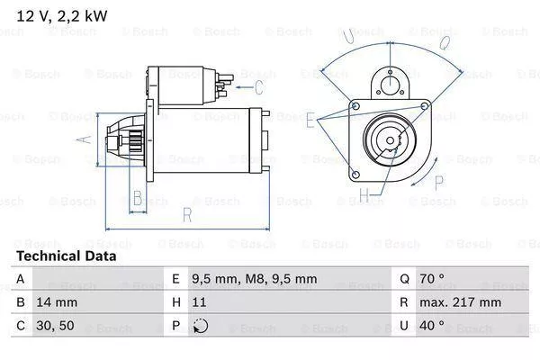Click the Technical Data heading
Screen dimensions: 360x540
pyautogui.click(x=66, y=256)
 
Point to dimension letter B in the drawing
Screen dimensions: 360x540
pyautogui.click(x=137, y=197)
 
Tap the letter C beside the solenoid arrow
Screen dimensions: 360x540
pyautogui.click(x=259, y=87)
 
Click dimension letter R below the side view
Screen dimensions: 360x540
pyautogui.click(x=185, y=215)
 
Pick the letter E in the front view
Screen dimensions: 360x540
pyautogui.click(x=310, y=118)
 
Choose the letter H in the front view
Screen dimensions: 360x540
pyautogui.click(x=364, y=194)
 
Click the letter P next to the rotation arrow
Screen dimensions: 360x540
pyautogui.click(x=440, y=182)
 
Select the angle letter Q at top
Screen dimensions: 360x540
pyautogui.click(x=444, y=40)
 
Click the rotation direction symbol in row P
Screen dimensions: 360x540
pyautogui.click(x=200, y=325)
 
